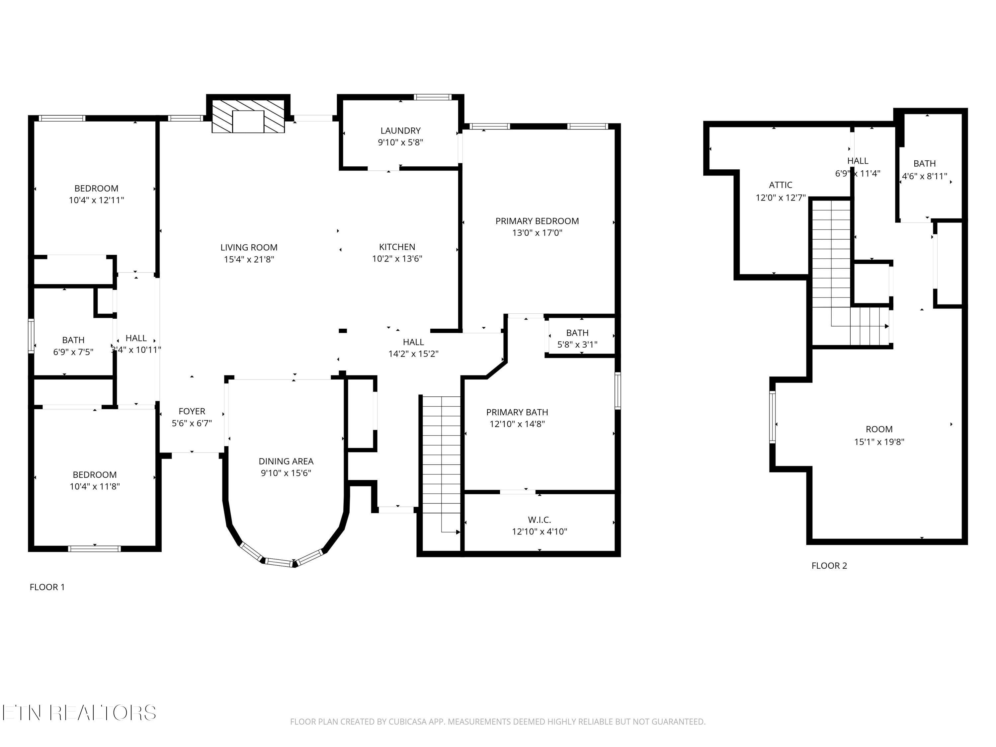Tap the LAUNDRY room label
point(400,130)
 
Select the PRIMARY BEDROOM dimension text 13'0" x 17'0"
point(537,233)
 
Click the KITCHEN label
point(397,247)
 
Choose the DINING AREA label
point(286,461)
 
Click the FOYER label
point(192,411)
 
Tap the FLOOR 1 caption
point(47,587)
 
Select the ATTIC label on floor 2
point(780,185)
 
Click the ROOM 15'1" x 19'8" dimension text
point(879,442)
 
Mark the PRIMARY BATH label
point(517,412)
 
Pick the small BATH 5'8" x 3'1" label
point(577,333)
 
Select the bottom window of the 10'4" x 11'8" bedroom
point(95,548)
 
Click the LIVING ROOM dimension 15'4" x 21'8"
point(249,259)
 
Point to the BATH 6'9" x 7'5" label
point(73,340)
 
